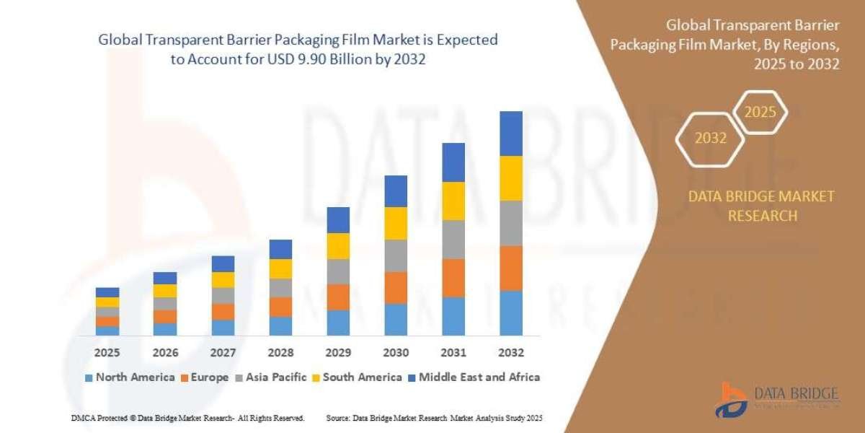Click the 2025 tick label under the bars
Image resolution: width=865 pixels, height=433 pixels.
click(107, 353)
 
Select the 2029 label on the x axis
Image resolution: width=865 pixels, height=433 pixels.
click(338, 353)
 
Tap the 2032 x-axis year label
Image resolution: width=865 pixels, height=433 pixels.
click(510, 353)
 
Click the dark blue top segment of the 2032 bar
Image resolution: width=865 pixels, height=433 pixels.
click(510, 134)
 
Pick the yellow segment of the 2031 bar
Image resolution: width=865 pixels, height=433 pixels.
click(453, 201)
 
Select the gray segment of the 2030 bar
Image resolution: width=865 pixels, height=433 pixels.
click(396, 255)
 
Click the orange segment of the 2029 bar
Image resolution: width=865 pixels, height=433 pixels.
click(338, 297)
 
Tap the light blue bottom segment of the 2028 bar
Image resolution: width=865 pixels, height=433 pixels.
click(280, 326)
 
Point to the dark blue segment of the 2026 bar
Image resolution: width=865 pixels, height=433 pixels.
click(165, 278)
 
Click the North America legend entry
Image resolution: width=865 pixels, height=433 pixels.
click(130, 377)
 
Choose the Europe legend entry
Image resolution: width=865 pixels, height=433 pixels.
click(205, 377)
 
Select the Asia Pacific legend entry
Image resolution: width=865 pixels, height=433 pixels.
click(271, 377)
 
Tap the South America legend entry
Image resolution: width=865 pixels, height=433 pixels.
click(357, 377)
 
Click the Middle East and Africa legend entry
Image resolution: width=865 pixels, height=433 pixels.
click(474, 377)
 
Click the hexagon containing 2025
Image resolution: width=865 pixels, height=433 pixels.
click(760, 113)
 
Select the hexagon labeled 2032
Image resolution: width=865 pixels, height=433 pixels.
click(710, 138)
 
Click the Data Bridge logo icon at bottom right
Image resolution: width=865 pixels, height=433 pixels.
click(730, 399)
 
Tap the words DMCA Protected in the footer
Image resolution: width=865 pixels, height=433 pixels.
click(97, 418)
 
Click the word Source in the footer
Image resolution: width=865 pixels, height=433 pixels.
click(338, 418)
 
